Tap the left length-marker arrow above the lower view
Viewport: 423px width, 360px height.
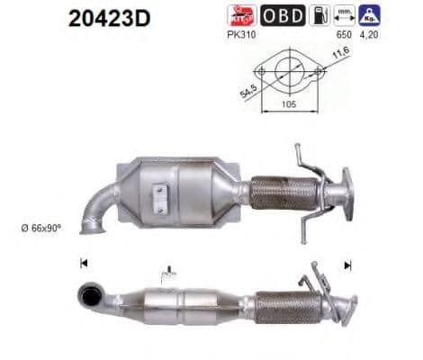[x=84, y=264]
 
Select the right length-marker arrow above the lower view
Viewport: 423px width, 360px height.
[x=347, y=265]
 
